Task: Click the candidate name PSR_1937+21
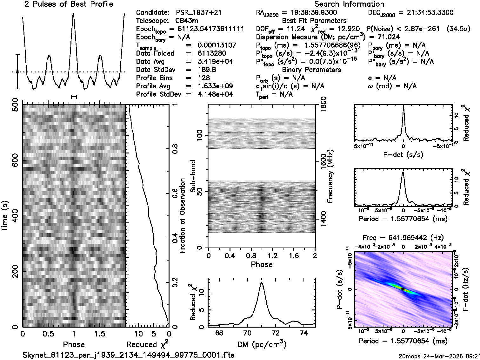pos(199,13)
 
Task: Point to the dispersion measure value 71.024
pos(389,37)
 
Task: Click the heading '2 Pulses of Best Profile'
pos(69,4)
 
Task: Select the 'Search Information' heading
pos(349,4)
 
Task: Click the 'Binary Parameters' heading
pos(311,70)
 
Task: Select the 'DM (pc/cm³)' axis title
pos(262,344)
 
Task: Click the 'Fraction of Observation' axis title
pos(183,216)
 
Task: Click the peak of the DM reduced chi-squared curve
pos(262,282)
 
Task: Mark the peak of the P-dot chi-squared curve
pos(403,108)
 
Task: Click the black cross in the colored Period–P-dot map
pos(403,289)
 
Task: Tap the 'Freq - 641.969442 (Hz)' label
pos(403,238)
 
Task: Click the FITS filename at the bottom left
pos(129,355)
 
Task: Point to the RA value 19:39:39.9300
pos(310,13)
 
